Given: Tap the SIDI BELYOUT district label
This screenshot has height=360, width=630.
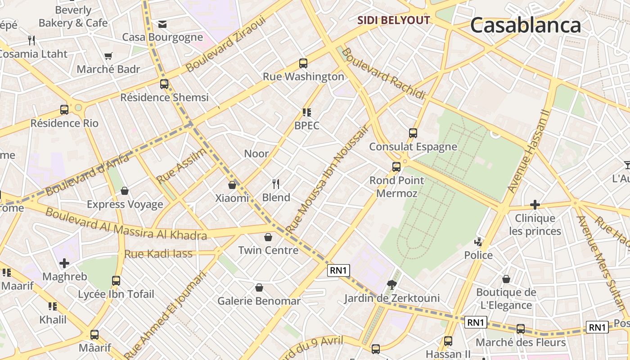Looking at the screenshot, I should tap(394, 20).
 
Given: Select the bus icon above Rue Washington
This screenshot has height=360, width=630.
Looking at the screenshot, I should tap(303, 63).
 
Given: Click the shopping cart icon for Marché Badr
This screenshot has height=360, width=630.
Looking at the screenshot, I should tap(108, 56).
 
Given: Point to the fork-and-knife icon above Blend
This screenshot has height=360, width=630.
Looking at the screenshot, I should tap(276, 184).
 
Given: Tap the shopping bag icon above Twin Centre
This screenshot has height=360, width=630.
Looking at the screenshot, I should tap(268, 237).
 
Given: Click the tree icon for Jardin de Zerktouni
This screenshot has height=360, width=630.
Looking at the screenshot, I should tap(391, 284).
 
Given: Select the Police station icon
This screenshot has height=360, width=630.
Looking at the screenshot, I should tap(478, 242).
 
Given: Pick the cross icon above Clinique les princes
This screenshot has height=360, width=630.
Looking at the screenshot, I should tap(535, 205).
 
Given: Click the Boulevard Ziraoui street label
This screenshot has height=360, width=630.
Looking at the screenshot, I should tap(226, 45).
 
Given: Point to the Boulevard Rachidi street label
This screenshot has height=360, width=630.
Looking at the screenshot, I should tap(383, 73).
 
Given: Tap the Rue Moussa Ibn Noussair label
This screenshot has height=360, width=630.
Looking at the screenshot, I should tap(327, 179).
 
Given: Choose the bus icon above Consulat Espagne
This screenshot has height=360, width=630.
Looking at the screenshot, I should tap(413, 133).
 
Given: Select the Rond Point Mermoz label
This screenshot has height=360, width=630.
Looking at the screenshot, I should tap(396, 187).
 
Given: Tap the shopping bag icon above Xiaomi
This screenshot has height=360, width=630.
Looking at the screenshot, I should tap(232, 185).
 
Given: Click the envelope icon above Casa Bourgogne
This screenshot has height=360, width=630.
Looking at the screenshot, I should tap(162, 24).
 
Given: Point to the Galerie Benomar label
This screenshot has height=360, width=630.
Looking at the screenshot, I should tap(259, 301).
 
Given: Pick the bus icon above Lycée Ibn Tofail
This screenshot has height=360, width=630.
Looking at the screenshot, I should tap(116, 281).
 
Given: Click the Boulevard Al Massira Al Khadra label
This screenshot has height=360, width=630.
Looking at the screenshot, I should tap(126, 224).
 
